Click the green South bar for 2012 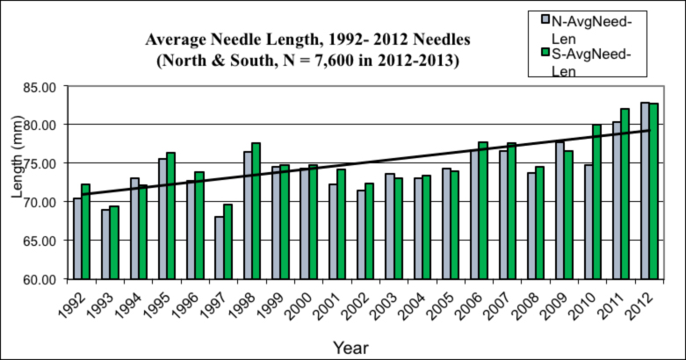pos(654,191)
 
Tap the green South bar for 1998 pos(256,211)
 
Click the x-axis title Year pos(351,348)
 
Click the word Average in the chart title pos(177,40)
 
